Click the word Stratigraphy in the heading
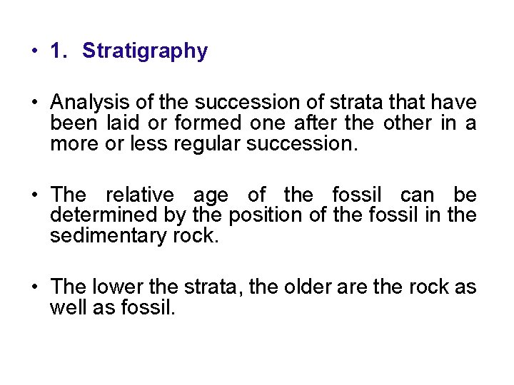click(145, 51)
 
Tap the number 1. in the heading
click(59, 51)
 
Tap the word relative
click(139, 195)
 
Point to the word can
click(416, 195)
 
